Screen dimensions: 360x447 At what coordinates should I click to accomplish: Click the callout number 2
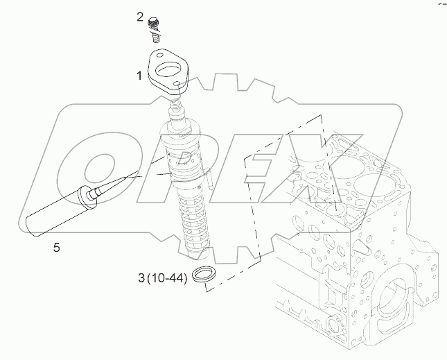click(141, 16)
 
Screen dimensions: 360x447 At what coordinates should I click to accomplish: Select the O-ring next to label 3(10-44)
click(203, 275)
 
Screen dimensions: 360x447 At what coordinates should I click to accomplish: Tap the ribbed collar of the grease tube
click(89, 197)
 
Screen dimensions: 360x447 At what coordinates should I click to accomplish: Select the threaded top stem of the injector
click(179, 108)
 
